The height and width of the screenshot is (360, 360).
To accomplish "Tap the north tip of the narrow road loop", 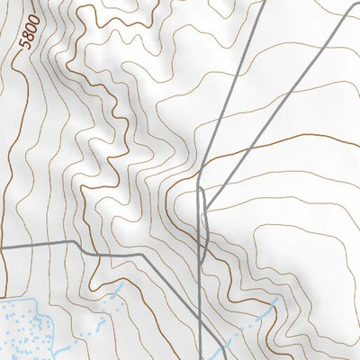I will (199, 190).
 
